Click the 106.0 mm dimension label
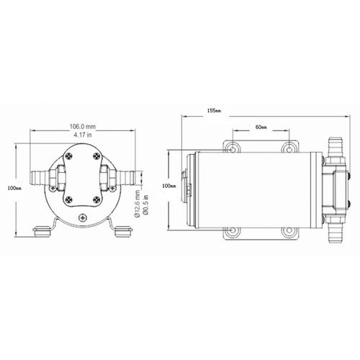83,126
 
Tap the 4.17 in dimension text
83,135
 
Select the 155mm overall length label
214,111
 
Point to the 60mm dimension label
261,127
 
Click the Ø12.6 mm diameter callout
138,204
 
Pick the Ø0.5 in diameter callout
146,206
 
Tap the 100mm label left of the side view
169,186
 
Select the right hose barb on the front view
125,178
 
